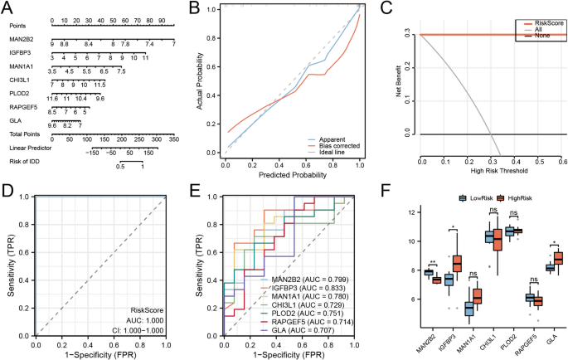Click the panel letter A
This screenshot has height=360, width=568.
(7, 7)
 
